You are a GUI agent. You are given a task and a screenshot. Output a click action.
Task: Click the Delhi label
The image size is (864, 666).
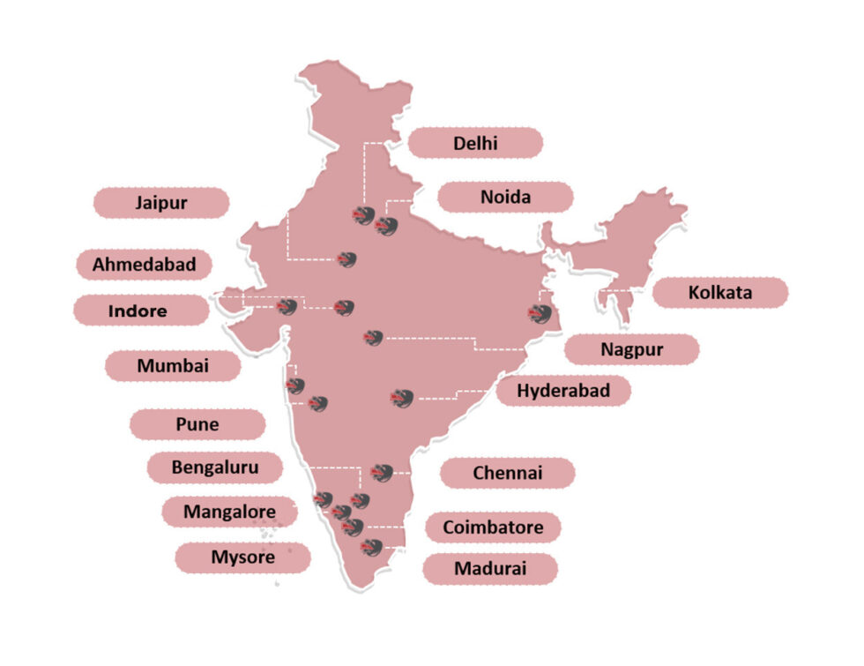coord(475,143)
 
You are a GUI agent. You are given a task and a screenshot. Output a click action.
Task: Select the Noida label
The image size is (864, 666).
coord(505,198)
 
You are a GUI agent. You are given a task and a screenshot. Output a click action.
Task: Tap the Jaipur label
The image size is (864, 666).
coord(161,203)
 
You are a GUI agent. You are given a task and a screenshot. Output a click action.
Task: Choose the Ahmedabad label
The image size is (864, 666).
coord(144,264)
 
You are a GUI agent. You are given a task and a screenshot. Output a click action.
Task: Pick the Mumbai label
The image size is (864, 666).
coord(173,366)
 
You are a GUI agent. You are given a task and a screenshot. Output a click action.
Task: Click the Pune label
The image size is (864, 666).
coord(197,424)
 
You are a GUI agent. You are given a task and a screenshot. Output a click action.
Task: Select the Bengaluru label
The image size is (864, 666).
coord(215,468)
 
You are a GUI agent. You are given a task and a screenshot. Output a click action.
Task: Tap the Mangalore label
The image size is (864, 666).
coord(229,512)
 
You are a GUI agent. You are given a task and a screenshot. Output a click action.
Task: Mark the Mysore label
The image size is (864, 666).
coord(242,557)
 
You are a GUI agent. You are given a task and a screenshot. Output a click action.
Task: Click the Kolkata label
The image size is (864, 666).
coord(720,293)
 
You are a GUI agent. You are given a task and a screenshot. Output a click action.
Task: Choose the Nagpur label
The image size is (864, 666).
coord(632,349)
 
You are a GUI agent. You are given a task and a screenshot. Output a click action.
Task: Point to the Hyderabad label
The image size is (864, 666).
coord(563,391)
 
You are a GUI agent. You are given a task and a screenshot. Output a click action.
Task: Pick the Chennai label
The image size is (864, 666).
coord(508,473)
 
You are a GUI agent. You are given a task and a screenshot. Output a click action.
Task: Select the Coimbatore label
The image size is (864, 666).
coord(493,528)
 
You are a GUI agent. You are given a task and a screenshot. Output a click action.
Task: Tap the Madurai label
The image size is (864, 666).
coord(490,569)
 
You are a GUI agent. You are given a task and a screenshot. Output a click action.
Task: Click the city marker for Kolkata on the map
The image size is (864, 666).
coord(539,314)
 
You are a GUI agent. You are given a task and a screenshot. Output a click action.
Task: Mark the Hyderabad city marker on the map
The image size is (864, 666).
coord(402,399)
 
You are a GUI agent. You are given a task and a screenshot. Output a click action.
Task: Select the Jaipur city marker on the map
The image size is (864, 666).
coord(346,259)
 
